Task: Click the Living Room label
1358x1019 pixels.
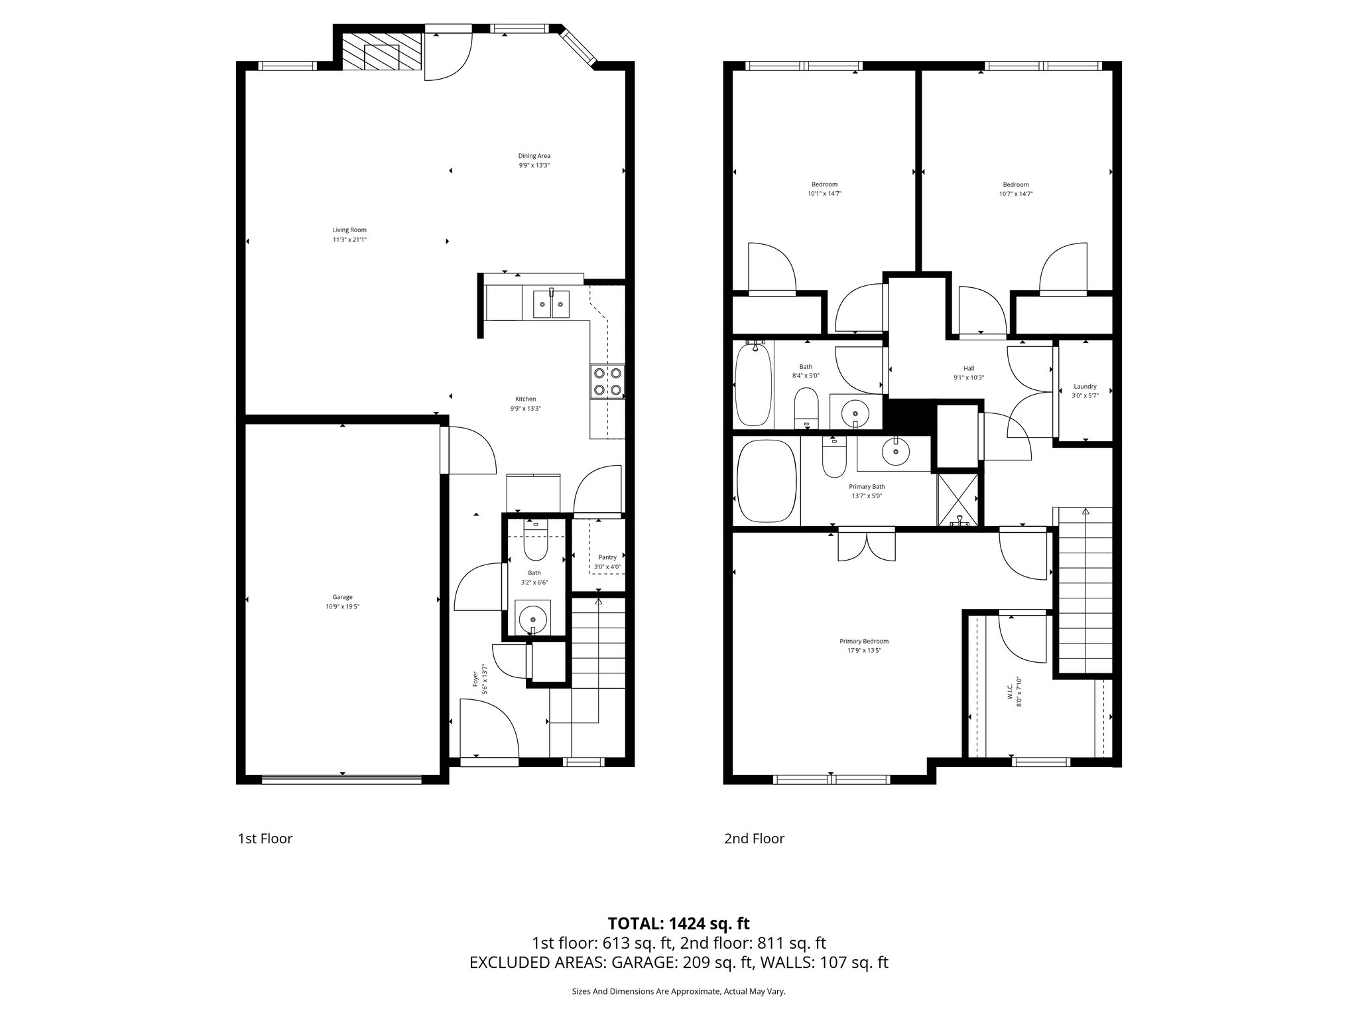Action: [x=349, y=230]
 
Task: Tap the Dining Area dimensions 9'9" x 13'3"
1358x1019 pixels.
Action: [x=534, y=165]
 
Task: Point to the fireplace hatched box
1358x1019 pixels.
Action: [x=381, y=52]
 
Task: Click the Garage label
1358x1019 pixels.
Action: [x=342, y=597]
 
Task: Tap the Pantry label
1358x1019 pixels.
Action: [x=607, y=557]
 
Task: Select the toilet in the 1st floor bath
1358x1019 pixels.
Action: [x=534, y=545]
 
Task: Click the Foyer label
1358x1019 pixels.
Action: [x=475, y=678]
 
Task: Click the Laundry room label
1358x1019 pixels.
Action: [x=1085, y=386]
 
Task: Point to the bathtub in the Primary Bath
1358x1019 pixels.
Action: [x=766, y=481]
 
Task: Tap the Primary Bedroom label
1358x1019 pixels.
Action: [x=863, y=641]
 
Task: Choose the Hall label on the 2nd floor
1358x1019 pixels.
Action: [x=969, y=368]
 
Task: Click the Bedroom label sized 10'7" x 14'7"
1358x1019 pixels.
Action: [x=1015, y=184]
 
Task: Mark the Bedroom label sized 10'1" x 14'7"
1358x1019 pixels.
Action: [x=824, y=184]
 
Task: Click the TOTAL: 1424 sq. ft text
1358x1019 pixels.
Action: [x=678, y=923]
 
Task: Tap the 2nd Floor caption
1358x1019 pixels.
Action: [x=754, y=839]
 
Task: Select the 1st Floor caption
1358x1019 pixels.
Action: [x=265, y=839]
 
